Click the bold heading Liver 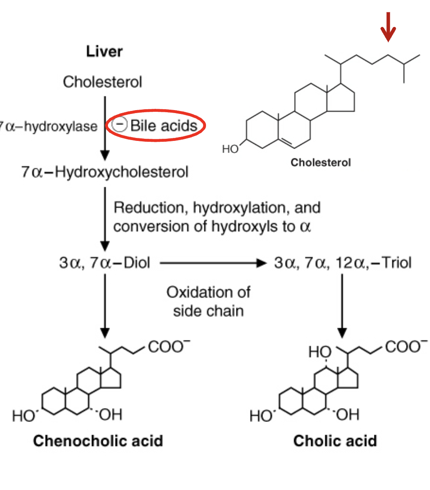(x=104, y=52)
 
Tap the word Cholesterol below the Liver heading (x=102, y=81)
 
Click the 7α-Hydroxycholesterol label (x=105, y=172)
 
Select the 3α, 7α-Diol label (x=105, y=263)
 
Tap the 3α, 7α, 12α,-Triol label (x=343, y=263)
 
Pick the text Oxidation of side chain (x=208, y=302)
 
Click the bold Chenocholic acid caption (x=98, y=440)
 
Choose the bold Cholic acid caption (x=335, y=441)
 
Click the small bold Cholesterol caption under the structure (x=320, y=162)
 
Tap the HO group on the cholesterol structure (x=230, y=149)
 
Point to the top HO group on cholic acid (x=320, y=353)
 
